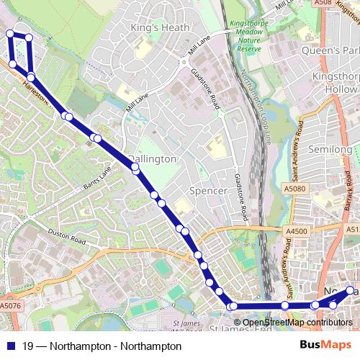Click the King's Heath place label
pos(160,27)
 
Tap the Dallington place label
pos(152,158)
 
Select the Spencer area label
pos(207,191)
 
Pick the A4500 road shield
pos(296,231)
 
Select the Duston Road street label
pos(67,233)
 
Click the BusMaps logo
pos(326,346)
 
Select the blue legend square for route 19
pos(9,346)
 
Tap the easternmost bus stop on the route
pos(351,290)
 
